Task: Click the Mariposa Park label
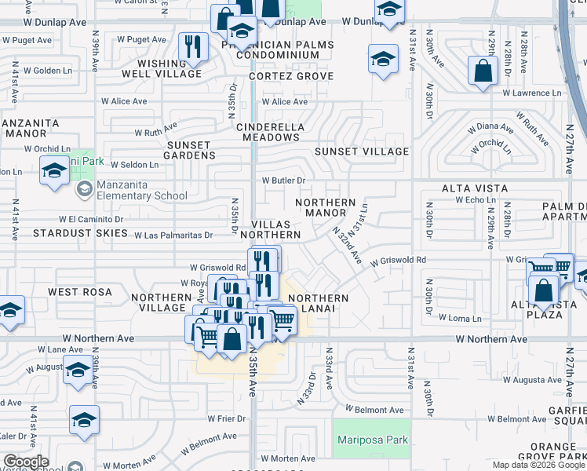coord(373,440)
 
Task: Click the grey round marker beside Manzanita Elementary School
coord(83,189)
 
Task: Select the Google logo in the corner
coord(25,462)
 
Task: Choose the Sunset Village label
coord(362,152)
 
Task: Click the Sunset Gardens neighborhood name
coord(189,150)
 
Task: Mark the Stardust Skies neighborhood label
coord(80,233)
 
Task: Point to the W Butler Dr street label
coord(283,181)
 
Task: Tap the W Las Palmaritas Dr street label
coord(173,235)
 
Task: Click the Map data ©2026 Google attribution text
coord(538,465)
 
